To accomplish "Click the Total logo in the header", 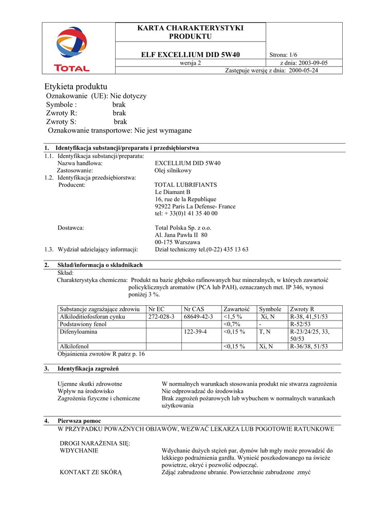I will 72,49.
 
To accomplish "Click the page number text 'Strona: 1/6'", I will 284,55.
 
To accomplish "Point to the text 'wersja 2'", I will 190,63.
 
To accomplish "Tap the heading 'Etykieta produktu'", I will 76,86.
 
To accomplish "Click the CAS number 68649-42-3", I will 198,317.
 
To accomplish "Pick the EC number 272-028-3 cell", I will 161,317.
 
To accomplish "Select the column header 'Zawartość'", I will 236,309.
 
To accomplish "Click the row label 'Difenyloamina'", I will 79,332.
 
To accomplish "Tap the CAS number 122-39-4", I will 195,332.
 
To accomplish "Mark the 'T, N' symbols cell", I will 266,332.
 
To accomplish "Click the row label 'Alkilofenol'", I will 75,346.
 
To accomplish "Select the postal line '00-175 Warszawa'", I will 178,242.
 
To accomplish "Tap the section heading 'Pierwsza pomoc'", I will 79,420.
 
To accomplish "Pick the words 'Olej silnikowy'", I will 173,170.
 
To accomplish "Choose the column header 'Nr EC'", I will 157,309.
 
